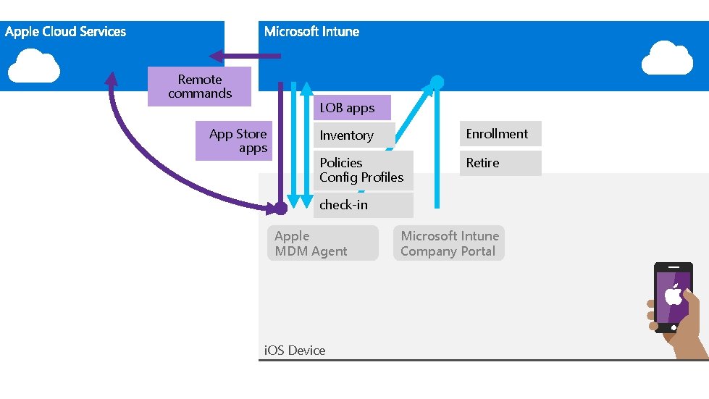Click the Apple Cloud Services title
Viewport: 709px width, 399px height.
coord(65,32)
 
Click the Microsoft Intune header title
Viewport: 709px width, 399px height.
coord(311,32)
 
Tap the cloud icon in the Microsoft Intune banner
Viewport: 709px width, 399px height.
coord(667,58)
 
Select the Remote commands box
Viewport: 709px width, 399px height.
coord(199,86)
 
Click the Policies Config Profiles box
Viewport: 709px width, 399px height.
coord(363,170)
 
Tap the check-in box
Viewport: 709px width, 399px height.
coord(363,205)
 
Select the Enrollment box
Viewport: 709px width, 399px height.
coord(500,134)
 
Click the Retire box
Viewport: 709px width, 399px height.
coord(500,163)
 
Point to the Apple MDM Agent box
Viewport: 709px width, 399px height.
coord(322,243)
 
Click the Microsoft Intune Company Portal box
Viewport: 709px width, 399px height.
coord(448,243)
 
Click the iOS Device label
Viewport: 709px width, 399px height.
coord(294,350)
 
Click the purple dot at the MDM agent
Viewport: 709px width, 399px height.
coord(280,209)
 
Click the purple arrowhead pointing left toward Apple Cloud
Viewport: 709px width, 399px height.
coord(216,56)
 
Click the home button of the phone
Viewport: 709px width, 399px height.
coord(674,327)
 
